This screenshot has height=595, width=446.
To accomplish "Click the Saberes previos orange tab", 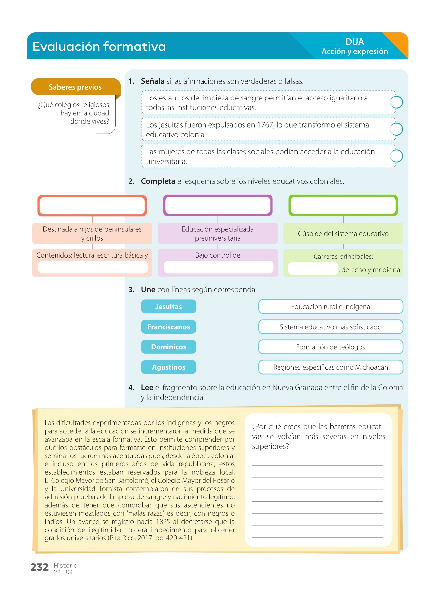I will click(75, 87).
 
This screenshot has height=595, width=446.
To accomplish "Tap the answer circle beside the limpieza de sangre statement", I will click(396, 102).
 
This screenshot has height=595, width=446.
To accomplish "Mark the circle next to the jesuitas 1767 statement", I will click(396, 129).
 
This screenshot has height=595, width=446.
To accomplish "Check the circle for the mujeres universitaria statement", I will click(396, 156).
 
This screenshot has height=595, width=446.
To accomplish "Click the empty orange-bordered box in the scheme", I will click(92, 206).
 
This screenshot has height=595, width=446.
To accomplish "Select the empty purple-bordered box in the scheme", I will click(218, 206).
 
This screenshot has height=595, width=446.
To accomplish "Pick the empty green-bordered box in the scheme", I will click(343, 206).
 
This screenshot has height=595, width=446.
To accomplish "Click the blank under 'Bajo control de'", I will click(218, 267).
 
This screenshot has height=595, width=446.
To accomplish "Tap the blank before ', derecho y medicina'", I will click(313, 269).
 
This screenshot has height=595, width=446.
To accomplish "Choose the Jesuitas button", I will click(168, 307).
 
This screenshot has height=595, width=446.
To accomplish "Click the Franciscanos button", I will click(168, 327).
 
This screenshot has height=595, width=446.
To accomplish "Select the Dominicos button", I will click(168, 347).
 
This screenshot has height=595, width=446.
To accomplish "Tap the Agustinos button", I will click(168, 367).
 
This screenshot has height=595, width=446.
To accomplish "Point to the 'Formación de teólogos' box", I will click(331, 347).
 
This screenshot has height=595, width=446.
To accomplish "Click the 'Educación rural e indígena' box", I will click(331, 307).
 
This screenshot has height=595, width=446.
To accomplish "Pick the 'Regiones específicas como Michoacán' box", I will click(331, 367).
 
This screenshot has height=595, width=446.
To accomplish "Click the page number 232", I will click(39, 567).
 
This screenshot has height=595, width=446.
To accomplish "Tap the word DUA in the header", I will click(355, 42).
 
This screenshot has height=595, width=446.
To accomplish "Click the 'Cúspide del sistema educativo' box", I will click(343, 234).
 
